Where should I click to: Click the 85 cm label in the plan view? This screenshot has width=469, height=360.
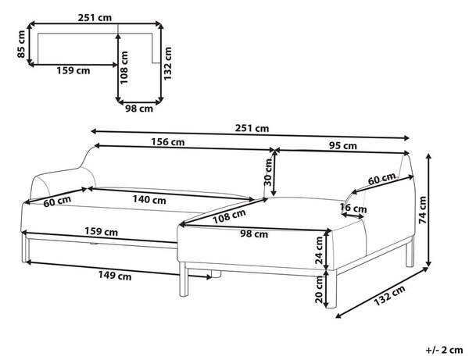tap(22, 45)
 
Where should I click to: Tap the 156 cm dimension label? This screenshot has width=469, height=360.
tap(167, 141)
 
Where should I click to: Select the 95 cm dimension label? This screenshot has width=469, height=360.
tap(343, 146)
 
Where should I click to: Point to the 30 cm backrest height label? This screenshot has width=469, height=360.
tap(268, 172)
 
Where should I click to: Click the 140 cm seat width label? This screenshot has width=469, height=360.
tap(149, 199)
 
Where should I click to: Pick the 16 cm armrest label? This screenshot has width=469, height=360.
tap(353, 208)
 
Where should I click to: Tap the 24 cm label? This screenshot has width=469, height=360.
tap(319, 251)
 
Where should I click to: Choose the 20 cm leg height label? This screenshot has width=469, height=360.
tap(319, 289)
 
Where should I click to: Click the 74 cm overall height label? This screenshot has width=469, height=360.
tap(423, 210)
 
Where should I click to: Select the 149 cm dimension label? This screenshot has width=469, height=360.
tap(115, 275)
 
